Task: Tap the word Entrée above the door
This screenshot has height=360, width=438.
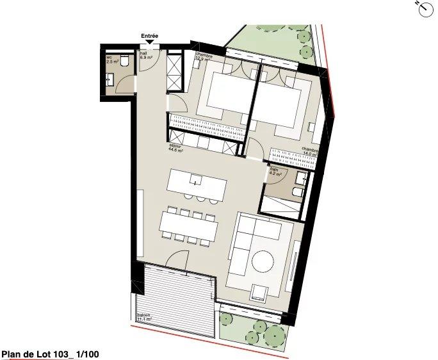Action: tap(150, 37)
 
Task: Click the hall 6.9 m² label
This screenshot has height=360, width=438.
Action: tap(146, 56)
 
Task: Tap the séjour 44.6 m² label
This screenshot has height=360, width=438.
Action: tap(176, 149)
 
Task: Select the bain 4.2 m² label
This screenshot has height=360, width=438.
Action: tap(276, 171)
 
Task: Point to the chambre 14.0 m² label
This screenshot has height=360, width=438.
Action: tap(310, 152)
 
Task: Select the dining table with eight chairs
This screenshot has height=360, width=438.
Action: tap(188, 225)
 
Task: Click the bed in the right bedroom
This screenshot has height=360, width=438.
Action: tap(280, 99)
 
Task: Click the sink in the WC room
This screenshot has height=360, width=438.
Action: tap(110, 80)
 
